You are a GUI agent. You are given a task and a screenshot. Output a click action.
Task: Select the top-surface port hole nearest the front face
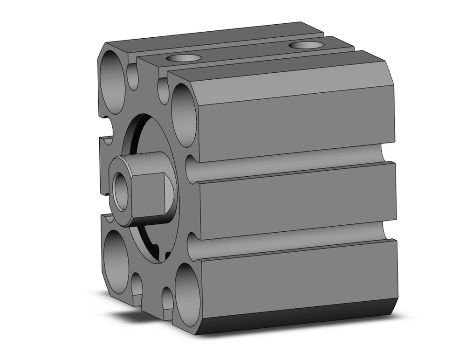coord(184,58)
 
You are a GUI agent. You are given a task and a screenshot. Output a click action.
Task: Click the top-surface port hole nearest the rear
coord(306,45)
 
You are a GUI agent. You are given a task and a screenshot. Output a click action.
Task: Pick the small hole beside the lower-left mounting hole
coord(137,284)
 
